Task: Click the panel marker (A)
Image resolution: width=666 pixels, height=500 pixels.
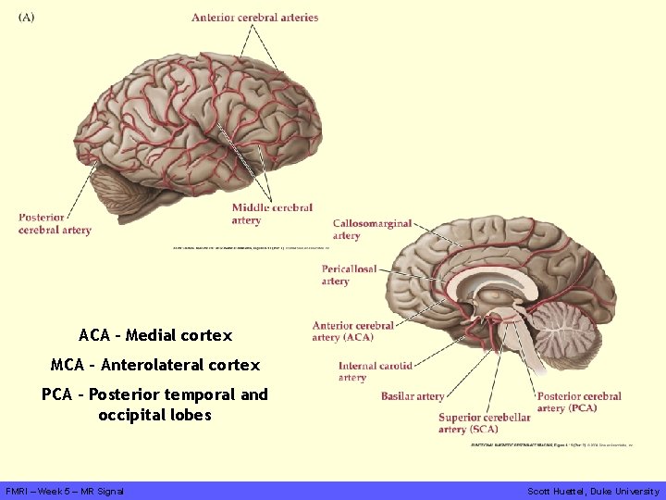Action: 26,18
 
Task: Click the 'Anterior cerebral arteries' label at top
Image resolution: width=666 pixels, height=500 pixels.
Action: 254,18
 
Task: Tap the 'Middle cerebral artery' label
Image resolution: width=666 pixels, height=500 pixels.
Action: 272,214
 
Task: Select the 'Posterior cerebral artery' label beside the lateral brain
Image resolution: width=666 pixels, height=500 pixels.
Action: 55,223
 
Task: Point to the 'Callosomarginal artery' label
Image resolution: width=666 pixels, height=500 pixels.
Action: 372,230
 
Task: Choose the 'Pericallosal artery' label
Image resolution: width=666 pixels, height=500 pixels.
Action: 349,275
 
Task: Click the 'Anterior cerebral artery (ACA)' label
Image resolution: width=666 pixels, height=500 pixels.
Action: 352,331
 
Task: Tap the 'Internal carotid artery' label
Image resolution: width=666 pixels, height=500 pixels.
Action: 375,371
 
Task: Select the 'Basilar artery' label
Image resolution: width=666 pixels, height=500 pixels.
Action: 413,396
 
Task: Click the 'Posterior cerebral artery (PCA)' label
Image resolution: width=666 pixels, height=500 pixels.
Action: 579,402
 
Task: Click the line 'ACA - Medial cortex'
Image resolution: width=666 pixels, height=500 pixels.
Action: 155,335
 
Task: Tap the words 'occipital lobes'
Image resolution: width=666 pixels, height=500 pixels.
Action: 154,416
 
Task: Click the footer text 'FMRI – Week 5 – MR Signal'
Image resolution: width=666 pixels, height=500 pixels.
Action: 65,491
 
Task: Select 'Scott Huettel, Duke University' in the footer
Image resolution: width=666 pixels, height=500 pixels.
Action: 593,491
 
